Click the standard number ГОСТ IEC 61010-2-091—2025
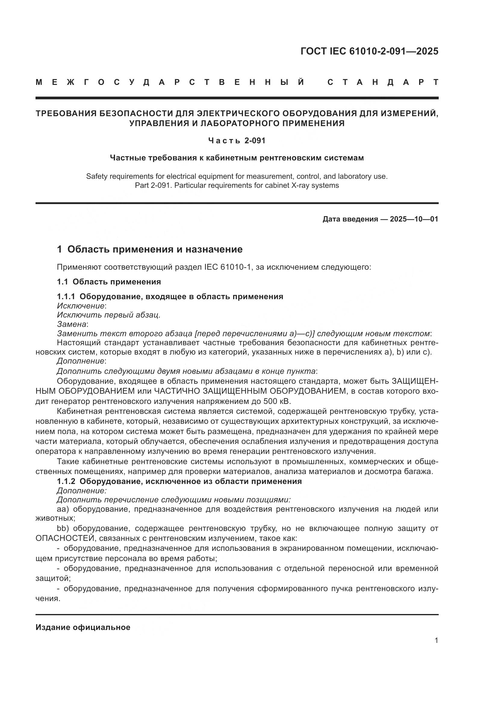[369, 51]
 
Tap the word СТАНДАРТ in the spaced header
[383, 82]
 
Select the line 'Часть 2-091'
[237, 141]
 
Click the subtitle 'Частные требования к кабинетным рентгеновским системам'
[237, 158]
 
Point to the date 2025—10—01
[414, 219]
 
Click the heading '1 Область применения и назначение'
[150, 249]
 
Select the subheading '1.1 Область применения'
[109, 281]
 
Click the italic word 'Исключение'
[81, 306]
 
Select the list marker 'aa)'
[63, 509]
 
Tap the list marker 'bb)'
[63, 528]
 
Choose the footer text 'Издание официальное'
[83, 627]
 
